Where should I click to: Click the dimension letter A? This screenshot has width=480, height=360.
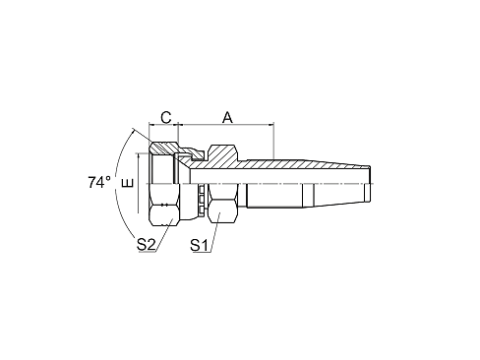227,117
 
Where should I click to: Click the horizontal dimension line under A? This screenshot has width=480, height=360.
227,127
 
